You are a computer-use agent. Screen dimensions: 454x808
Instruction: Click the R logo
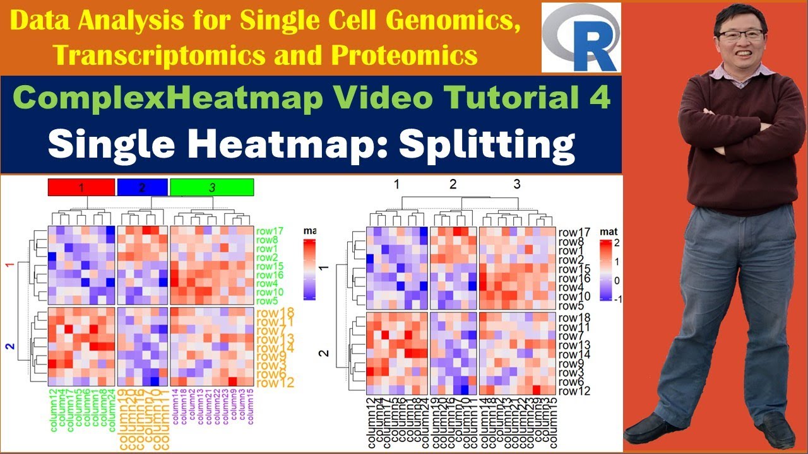click(x=581, y=38)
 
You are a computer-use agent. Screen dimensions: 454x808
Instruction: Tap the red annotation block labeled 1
click(x=81, y=187)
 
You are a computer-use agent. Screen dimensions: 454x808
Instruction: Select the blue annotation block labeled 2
click(x=142, y=187)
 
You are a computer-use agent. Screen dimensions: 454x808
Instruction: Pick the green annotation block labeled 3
click(x=212, y=187)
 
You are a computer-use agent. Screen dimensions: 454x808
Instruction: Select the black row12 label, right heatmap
click(x=574, y=391)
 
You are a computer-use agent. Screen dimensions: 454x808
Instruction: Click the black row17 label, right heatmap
click(x=574, y=232)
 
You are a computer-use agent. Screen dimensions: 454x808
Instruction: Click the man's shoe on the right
click(x=774, y=431)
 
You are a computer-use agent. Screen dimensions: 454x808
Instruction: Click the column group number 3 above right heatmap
click(x=517, y=184)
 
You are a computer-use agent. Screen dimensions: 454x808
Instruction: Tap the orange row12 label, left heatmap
click(x=276, y=381)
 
